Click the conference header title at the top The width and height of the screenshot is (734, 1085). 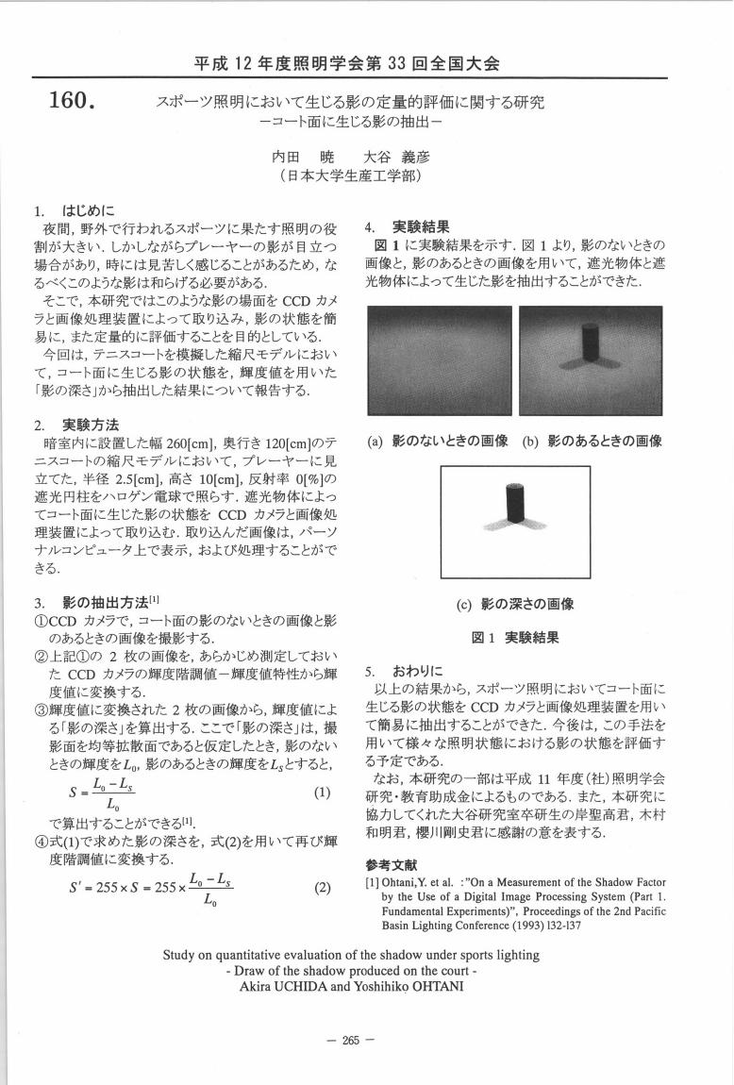pos(346,63)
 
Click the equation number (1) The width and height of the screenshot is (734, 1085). pos(322,793)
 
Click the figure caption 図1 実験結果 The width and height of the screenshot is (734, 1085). pos(514,638)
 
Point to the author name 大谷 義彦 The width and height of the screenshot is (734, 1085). pos(396,157)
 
